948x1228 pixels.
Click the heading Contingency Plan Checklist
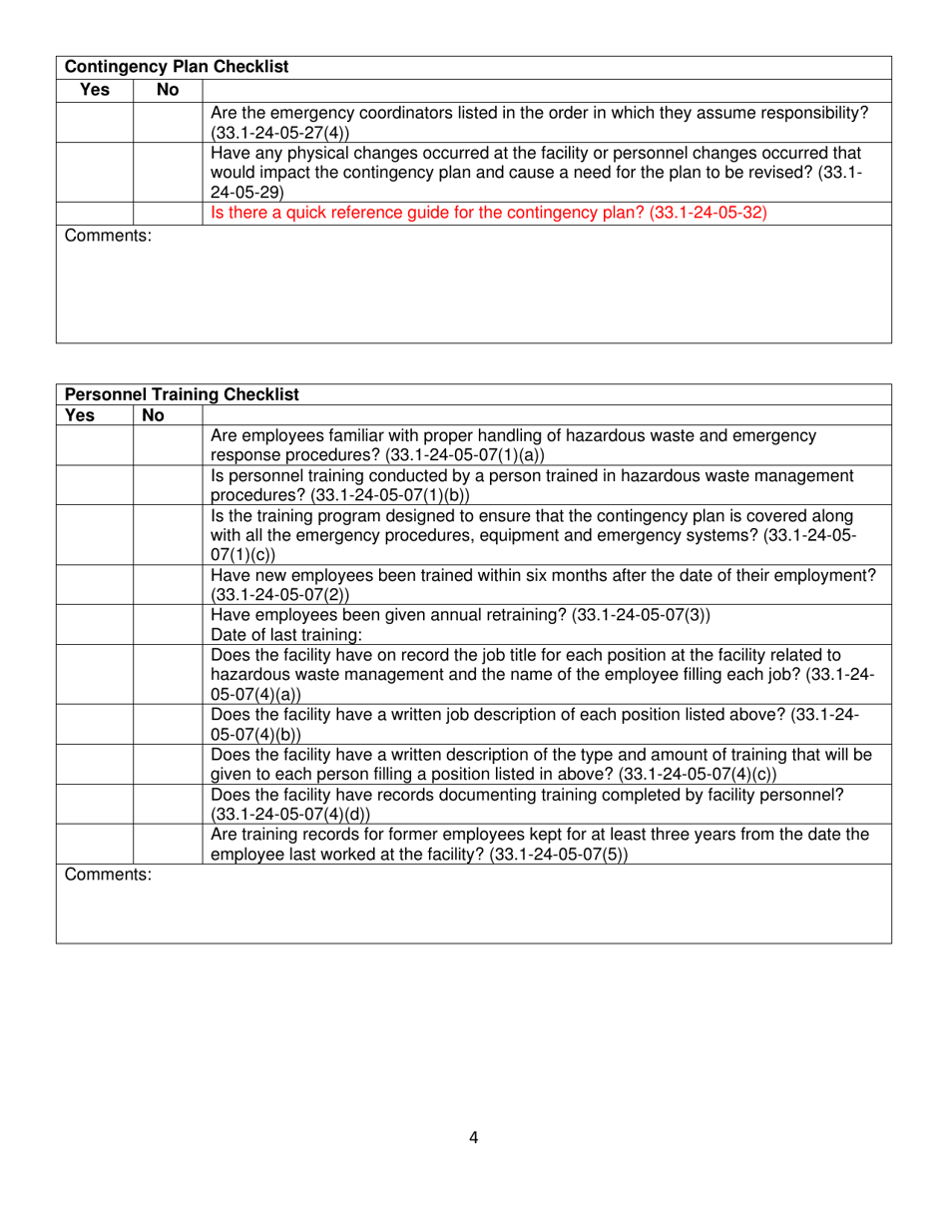point(177,67)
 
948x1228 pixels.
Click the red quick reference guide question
point(488,213)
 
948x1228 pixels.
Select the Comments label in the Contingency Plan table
point(108,237)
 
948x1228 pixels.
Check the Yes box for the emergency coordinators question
point(95,123)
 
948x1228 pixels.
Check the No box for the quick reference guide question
point(168,213)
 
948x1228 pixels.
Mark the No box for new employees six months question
point(168,584)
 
